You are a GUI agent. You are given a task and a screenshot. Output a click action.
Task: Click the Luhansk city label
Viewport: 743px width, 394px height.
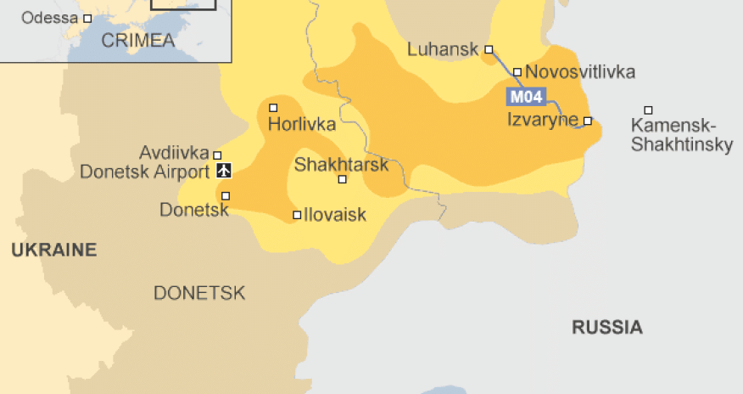click(444, 49)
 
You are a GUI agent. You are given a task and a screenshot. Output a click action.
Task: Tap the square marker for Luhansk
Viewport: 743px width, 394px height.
click(489, 49)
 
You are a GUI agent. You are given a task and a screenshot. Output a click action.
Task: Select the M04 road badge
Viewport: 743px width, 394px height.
click(526, 96)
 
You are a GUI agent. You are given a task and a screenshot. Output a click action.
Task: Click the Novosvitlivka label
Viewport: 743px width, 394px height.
click(580, 72)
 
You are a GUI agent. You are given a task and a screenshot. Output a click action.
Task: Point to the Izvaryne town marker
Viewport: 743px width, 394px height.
click(587, 121)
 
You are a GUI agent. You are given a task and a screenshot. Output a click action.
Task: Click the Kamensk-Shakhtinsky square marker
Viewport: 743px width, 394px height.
click(648, 110)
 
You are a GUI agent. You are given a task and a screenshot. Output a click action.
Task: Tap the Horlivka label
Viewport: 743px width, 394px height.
click(301, 125)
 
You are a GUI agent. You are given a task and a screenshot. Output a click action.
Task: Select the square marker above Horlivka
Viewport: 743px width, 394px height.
click(273, 108)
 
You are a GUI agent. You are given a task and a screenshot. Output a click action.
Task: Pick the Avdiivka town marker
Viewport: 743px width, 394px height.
click(217, 155)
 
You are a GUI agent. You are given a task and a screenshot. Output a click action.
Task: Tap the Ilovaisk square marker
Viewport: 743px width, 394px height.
click(297, 215)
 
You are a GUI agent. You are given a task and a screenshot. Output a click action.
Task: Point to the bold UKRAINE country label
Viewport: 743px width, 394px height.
click(53, 250)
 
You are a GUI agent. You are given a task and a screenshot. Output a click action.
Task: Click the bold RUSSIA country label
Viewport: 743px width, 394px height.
click(606, 327)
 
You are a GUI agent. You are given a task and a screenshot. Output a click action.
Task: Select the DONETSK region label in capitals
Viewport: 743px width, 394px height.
click(199, 294)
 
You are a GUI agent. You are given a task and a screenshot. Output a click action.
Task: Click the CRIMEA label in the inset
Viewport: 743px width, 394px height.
click(137, 40)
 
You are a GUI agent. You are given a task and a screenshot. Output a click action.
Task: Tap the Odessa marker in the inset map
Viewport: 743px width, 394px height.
click(86, 18)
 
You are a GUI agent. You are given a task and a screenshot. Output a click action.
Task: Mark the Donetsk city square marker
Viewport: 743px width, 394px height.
click(226, 196)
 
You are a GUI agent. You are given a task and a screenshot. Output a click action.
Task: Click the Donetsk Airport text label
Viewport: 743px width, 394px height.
click(143, 172)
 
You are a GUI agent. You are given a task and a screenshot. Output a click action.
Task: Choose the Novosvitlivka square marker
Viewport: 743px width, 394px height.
click(517, 72)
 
